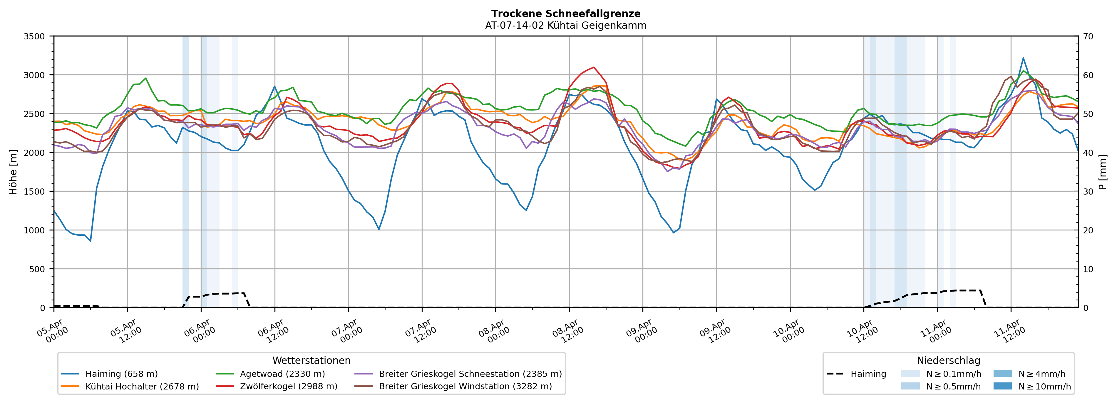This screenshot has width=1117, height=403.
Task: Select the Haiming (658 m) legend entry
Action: (x=121, y=374)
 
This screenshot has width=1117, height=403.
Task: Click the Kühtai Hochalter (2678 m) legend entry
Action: (x=142, y=387)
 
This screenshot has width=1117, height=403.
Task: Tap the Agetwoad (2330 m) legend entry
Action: (x=282, y=374)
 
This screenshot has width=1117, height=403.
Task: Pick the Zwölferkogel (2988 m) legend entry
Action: (x=288, y=387)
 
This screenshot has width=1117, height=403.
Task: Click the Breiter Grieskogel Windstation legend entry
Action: (x=465, y=387)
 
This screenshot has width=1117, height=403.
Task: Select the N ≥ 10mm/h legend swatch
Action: (x=1002, y=386)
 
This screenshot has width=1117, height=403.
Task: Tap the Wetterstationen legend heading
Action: (x=311, y=360)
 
